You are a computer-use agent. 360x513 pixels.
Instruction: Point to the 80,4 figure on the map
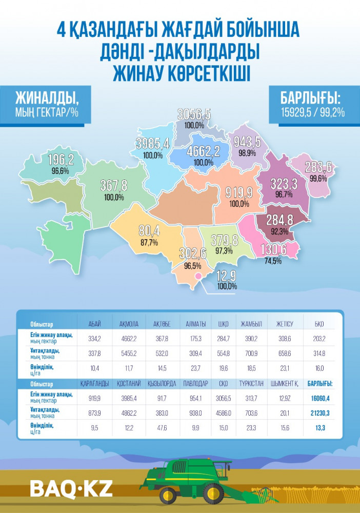coord(152,230)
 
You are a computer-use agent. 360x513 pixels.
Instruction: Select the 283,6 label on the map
coord(317,167)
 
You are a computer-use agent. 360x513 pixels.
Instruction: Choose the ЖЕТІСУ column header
coord(282,324)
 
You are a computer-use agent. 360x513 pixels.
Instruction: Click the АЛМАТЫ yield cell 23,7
coord(195,368)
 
